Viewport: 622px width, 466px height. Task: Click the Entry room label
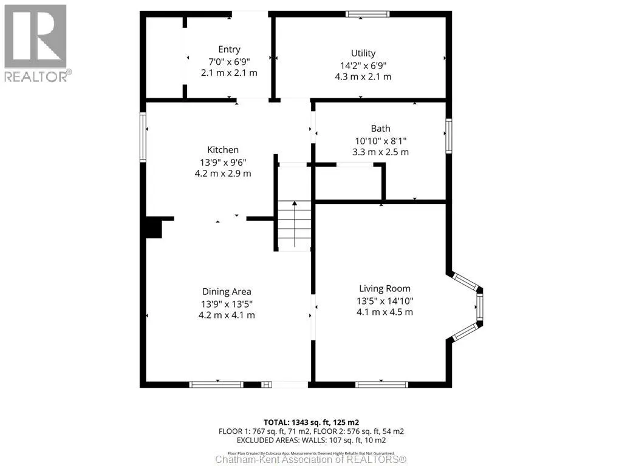tap(229, 50)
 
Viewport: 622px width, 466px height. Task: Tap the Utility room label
tap(363, 53)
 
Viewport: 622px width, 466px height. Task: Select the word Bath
tap(380, 129)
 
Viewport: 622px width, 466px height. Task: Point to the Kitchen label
tap(223, 150)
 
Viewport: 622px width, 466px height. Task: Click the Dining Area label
tap(227, 292)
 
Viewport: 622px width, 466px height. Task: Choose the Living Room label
tap(384, 289)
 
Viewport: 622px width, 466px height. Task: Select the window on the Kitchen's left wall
tap(143, 137)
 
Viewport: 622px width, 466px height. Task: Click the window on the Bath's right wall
tap(448, 136)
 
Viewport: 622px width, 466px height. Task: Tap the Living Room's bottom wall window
tap(381, 384)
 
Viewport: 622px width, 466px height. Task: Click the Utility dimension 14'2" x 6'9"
tap(363, 65)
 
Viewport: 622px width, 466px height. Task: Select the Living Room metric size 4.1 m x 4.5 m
tap(384, 312)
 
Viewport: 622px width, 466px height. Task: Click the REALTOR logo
tap(36, 42)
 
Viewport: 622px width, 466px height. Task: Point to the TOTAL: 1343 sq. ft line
tap(310, 422)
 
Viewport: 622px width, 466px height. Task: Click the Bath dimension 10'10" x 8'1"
tap(380, 140)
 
